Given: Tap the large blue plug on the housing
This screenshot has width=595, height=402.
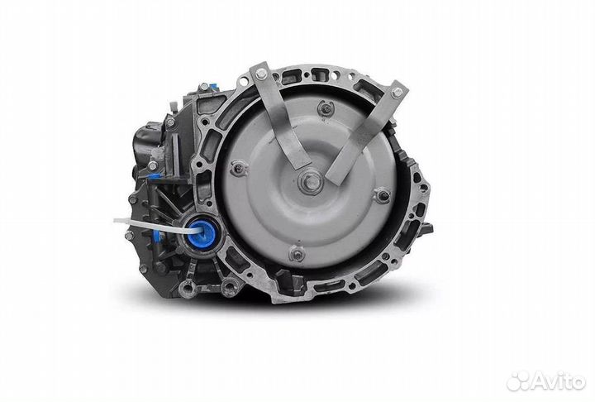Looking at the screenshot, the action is [x=202, y=233].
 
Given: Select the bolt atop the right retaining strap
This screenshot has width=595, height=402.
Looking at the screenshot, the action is [x=397, y=93].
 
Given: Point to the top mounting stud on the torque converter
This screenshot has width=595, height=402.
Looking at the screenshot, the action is [x=326, y=108].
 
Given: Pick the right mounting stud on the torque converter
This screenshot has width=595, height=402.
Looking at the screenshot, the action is [x=383, y=196].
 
